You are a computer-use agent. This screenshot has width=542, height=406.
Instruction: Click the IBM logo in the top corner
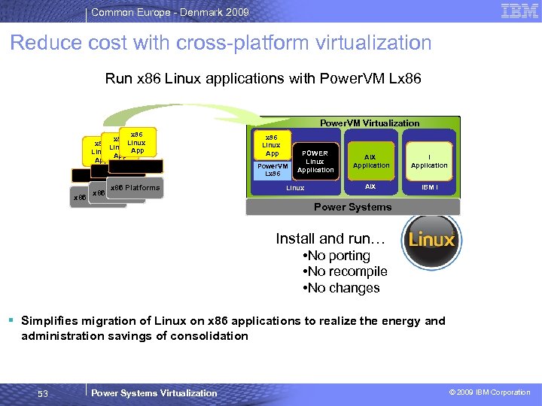click(519, 11)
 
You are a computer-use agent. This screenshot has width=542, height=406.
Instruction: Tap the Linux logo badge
click(431, 239)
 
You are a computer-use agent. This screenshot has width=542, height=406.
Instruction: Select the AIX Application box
click(371, 162)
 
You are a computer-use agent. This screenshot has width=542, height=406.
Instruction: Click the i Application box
click(429, 162)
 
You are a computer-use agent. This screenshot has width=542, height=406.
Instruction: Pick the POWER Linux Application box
click(315, 162)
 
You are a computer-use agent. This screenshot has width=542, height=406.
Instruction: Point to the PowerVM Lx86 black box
click(273, 170)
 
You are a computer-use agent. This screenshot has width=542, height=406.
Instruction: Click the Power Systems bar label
click(352, 207)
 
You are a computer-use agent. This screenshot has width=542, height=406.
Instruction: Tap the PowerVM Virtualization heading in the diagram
click(370, 123)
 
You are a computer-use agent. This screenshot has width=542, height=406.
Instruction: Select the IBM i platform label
click(429, 186)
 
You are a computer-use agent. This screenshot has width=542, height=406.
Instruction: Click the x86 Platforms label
click(135, 187)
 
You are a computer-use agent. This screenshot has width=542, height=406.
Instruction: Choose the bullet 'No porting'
click(336, 256)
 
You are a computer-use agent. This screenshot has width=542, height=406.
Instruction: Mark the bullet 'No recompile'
click(344, 271)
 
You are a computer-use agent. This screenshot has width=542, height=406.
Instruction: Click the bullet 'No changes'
click(340, 288)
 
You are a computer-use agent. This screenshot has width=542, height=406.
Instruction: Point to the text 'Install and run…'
click(330, 239)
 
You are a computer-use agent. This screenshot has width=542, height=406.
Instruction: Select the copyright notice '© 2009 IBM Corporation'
click(489, 392)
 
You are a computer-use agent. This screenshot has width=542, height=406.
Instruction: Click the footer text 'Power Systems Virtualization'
click(154, 392)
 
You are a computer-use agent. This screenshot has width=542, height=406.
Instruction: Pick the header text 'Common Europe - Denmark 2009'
click(169, 12)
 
